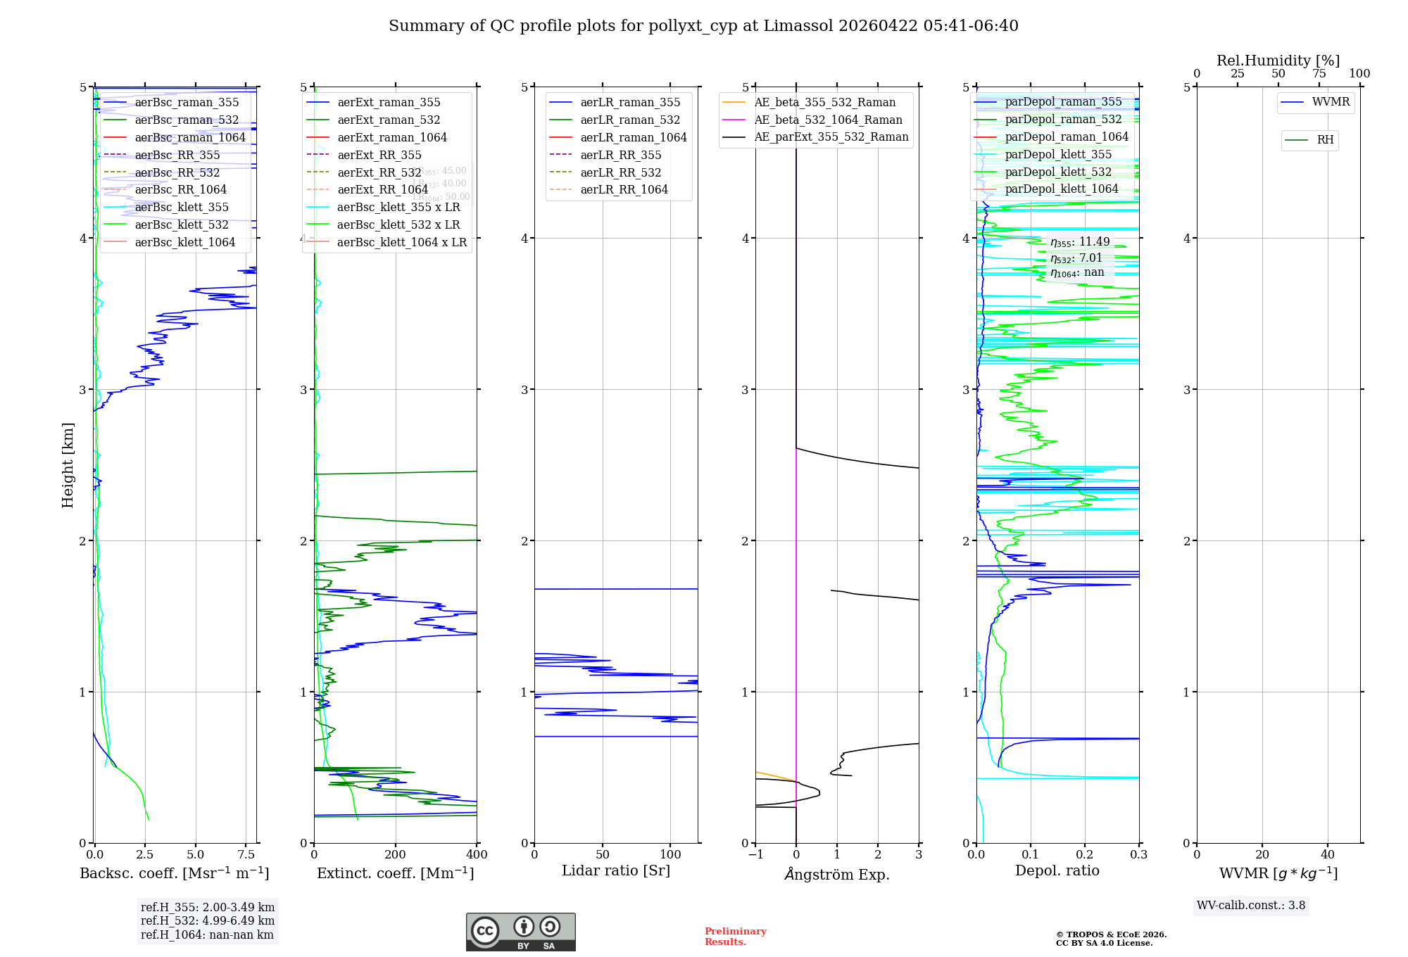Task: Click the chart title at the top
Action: (703, 26)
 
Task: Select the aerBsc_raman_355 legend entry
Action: (187, 103)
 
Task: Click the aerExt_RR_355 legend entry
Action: (379, 155)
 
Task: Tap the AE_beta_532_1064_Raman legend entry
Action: (828, 120)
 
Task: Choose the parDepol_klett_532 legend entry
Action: (1057, 172)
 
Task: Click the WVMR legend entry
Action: (1330, 102)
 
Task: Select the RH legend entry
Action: (1324, 140)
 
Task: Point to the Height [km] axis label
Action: (68, 465)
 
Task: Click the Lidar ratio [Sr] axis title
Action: (616, 870)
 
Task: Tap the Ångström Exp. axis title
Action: (836, 874)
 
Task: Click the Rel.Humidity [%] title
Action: (1278, 61)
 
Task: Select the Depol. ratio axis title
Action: (1057, 870)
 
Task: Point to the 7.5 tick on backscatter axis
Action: (246, 854)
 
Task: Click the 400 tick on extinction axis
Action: (477, 854)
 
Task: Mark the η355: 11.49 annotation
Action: (1080, 242)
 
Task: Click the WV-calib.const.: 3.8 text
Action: (1251, 906)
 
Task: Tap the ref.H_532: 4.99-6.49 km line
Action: (208, 920)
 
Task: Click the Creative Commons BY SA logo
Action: (520, 932)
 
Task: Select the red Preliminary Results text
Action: (735, 936)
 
